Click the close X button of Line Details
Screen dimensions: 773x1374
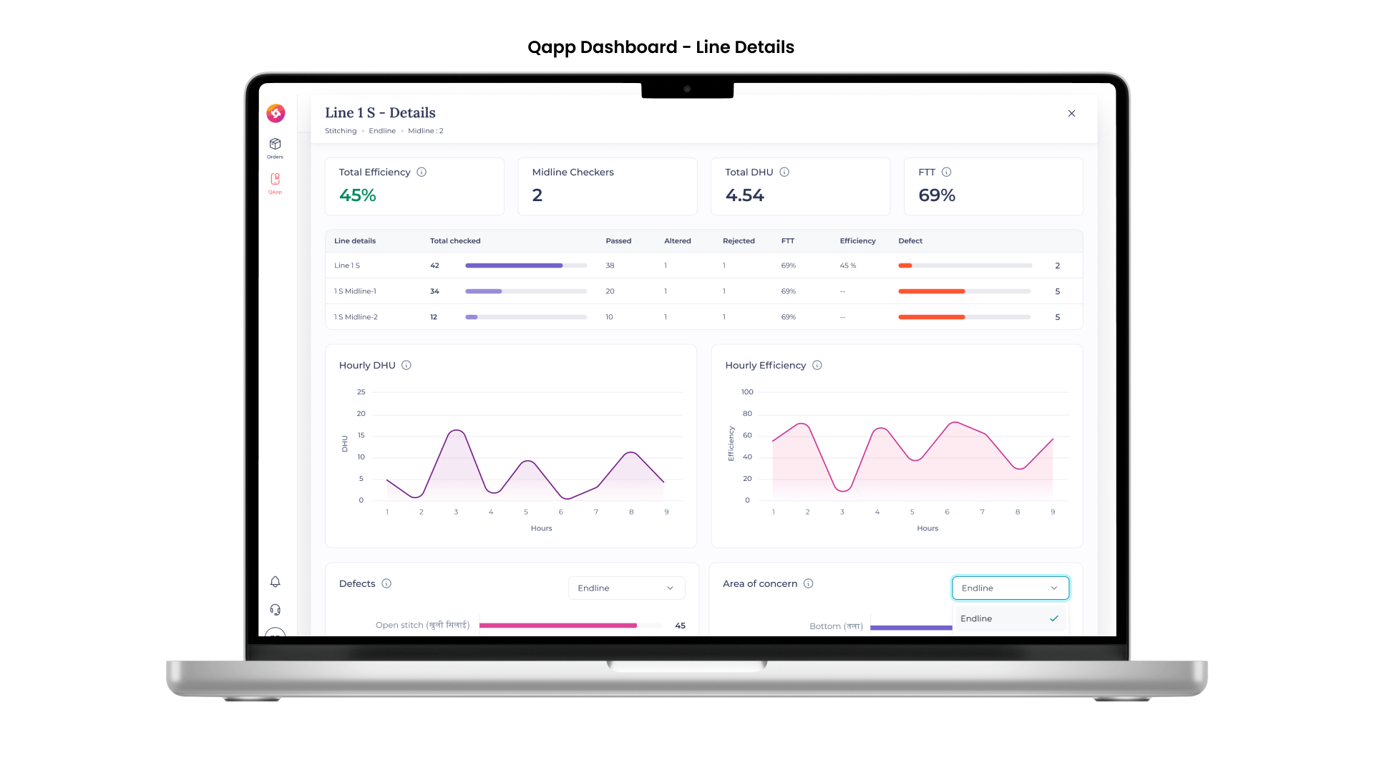click(1071, 113)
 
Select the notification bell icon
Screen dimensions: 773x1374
click(275, 582)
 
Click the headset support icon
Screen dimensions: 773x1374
click(275, 610)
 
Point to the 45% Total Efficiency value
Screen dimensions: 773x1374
click(357, 195)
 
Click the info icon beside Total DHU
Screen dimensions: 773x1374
click(784, 172)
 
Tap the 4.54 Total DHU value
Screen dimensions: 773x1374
click(744, 195)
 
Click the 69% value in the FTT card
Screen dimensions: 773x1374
click(937, 195)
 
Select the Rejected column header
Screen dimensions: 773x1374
click(739, 241)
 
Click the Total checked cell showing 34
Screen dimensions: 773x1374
click(434, 291)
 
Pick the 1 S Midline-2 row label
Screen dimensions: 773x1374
click(356, 317)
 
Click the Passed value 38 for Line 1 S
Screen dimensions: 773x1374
click(610, 266)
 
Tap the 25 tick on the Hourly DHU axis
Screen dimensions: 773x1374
click(361, 392)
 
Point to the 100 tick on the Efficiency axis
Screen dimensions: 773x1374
click(747, 392)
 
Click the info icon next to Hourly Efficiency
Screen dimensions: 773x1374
click(817, 365)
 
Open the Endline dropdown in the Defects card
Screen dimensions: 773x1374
click(626, 588)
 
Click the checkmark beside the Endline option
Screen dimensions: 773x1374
click(1054, 618)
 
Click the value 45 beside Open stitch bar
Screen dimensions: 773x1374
click(680, 626)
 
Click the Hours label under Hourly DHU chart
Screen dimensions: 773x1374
click(541, 528)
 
